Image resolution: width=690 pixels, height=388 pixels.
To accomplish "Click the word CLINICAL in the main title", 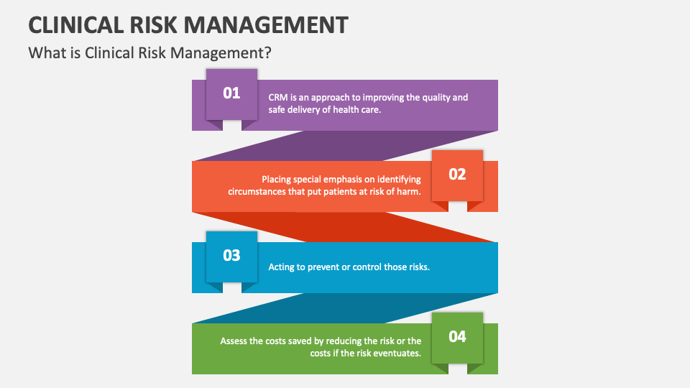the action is click(76, 25).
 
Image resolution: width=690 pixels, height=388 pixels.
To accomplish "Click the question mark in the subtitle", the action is click(267, 52).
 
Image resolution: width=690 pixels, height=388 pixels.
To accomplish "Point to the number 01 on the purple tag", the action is click(231, 93).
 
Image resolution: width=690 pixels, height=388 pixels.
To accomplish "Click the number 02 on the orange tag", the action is click(457, 174).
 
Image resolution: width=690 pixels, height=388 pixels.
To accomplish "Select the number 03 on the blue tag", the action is click(231, 256).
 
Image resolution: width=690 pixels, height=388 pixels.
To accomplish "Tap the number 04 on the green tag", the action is click(457, 336).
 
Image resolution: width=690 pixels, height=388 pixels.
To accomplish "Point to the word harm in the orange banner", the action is click(410, 191).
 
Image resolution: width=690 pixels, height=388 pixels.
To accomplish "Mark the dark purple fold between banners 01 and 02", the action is click(345, 146).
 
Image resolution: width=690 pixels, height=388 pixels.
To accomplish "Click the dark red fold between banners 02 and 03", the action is click(345, 227).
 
